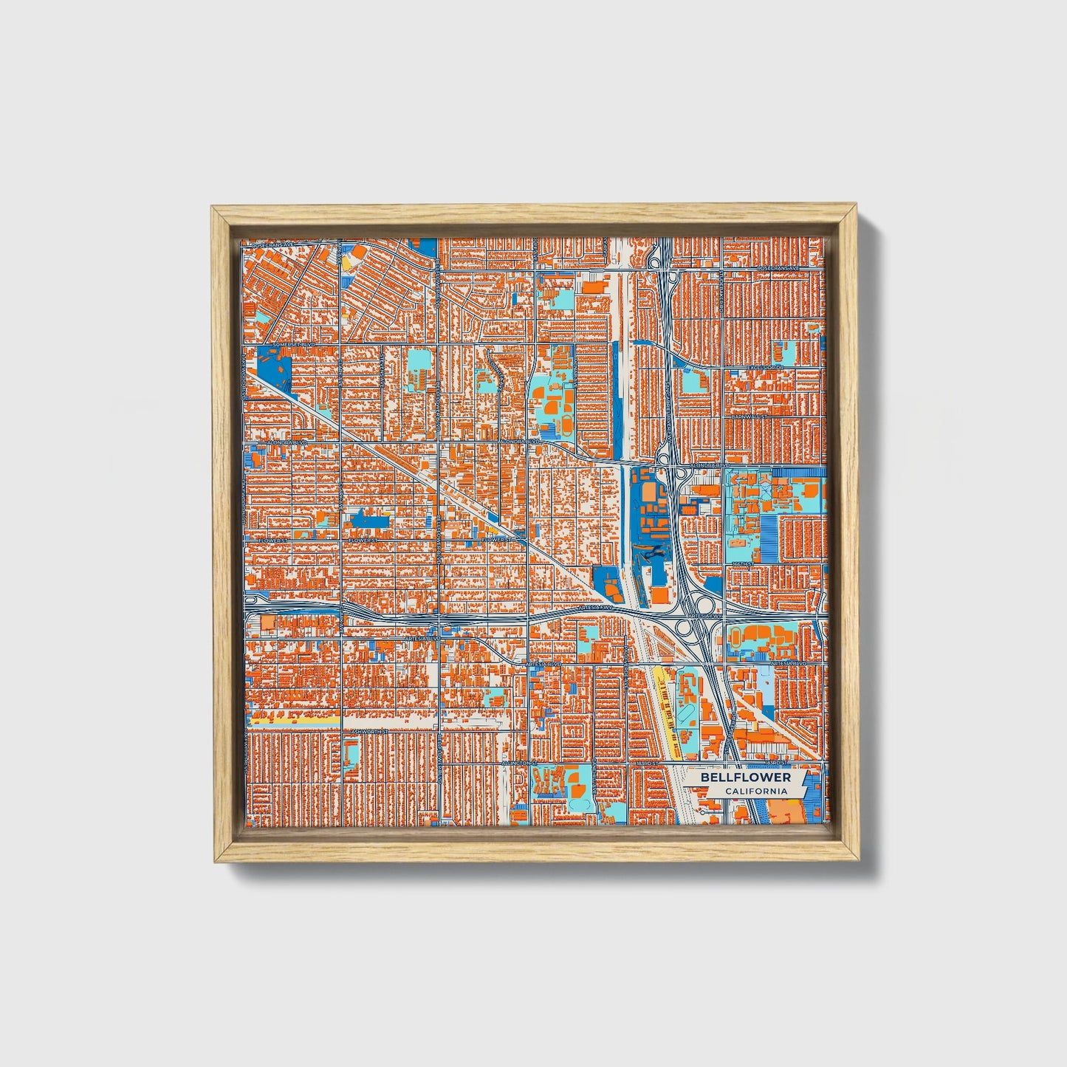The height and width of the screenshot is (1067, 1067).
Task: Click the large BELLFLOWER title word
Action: click(745, 778)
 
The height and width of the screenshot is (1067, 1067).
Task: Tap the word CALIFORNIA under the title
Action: click(755, 792)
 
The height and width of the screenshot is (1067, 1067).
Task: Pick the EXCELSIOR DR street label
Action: click(765, 367)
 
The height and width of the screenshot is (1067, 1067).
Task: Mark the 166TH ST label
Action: click(741, 564)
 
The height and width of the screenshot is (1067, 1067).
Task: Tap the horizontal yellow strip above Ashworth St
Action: click(295, 718)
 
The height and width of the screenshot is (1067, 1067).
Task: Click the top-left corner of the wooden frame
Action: click(213, 207)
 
